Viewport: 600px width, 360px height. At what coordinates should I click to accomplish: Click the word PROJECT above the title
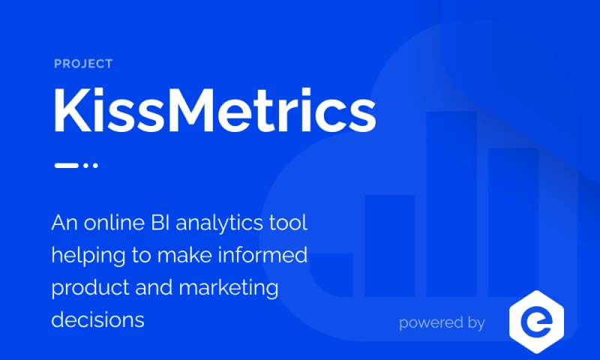[83, 64]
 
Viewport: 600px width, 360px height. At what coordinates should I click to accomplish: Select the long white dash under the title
[66, 165]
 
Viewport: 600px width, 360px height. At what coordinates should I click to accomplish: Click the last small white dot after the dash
[95, 165]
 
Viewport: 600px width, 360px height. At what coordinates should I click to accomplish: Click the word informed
[271, 256]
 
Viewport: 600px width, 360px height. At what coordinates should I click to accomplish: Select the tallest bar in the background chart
[451, 202]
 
